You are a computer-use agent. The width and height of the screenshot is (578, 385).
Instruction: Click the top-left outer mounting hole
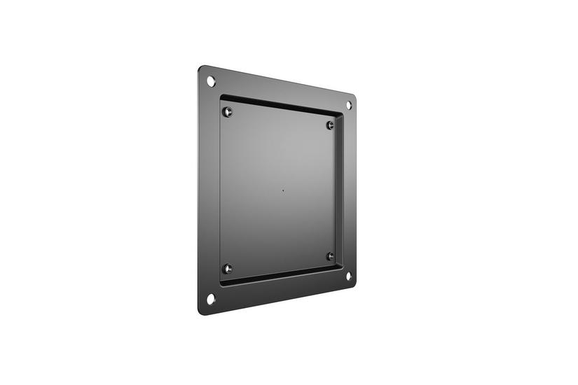pyautogui.click(x=210, y=81)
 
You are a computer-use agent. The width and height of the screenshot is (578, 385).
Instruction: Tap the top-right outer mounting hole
pyautogui.click(x=348, y=105)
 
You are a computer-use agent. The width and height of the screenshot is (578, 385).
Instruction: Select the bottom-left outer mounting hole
pyautogui.click(x=210, y=299)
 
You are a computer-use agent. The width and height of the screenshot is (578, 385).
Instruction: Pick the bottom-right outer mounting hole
pyautogui.click(x=348, y=275)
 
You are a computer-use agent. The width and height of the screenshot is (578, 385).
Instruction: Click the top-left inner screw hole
pyautogui.click(x=226, y=111)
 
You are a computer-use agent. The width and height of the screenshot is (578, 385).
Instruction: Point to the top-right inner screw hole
pyautogui.click(x=330, y=125)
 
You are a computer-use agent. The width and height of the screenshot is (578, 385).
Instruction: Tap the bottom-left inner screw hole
pyautogui.click(x=226, y=268)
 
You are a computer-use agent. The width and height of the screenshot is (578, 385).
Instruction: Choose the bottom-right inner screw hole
pyautogui.click(x=330, y=255)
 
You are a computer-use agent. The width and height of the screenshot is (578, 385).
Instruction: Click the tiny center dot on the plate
pyautogui.click(x=282, y=190)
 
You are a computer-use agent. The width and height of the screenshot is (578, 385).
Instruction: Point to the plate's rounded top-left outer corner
pyautogui.click(x=201, y=69)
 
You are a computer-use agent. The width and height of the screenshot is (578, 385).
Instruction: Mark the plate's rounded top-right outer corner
pyautogui.click(x=353, y=97)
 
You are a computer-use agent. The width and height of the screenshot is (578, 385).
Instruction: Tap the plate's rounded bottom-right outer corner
pyautogui.click(x=353, y=283)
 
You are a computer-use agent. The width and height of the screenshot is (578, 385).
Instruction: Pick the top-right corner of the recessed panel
pyautogui.click(x=343, y=115)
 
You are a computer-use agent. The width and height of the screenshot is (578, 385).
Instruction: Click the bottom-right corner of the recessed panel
pyautogui.click(x=343, y=266)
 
